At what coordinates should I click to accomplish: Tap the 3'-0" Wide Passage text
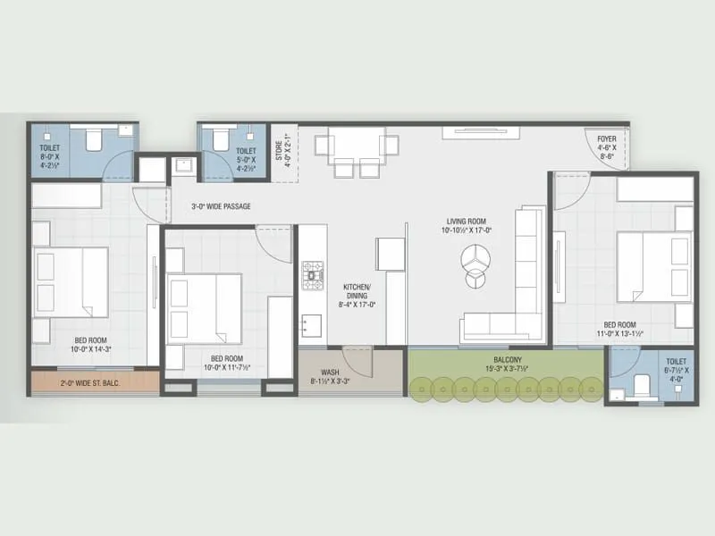(x=221, y=206)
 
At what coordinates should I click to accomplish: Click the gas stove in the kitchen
(x=314, y=275)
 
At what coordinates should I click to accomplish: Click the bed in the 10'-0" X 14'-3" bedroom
(x=71, y=281)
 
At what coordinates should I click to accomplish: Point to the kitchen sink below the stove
(x=311, y=322)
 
